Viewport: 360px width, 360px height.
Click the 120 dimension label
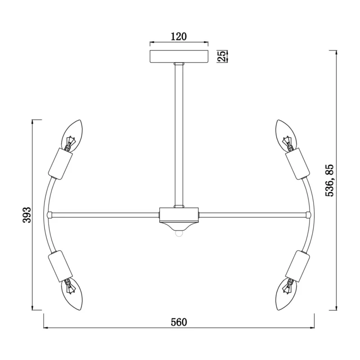(x=179, y=36)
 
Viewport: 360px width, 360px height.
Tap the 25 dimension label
(x=221, y=56)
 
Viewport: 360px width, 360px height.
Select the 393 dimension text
(x=27, y=215)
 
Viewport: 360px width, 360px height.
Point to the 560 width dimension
(x=179, y=322)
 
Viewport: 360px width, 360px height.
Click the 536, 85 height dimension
(x=330, y=180)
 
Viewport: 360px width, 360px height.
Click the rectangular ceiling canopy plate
(x=179, y=57)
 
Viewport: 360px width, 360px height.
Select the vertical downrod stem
(x=179, y=135)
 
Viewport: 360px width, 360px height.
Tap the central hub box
(x=179, y=215)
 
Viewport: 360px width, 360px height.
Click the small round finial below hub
(x=179, y=233)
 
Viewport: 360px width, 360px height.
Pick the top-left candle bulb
(x=73, y=135)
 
